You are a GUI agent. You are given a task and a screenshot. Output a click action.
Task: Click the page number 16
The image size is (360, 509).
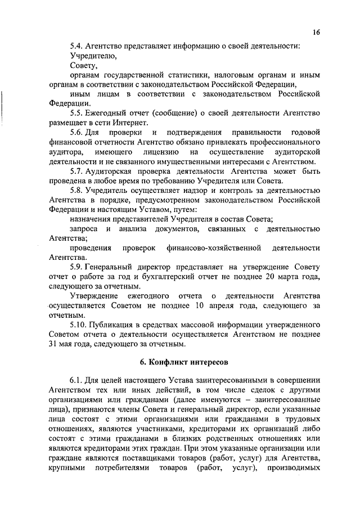point(317,33)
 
